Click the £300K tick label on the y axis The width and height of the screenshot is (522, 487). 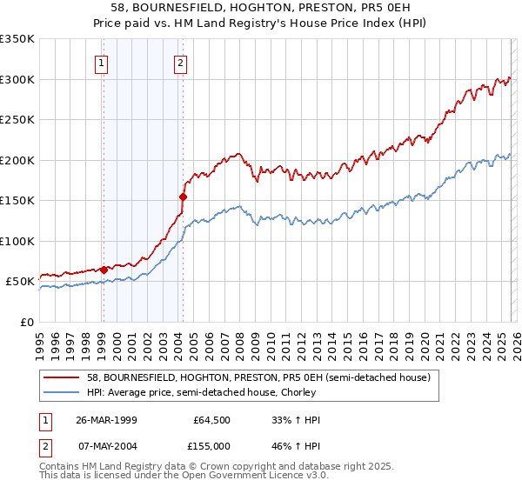[17, 79]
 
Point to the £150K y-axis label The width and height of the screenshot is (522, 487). [17, 200]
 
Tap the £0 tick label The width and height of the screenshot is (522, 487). [26, 322]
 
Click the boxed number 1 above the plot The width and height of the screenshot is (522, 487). [102, 63]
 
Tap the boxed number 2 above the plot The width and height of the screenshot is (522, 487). [180, 63]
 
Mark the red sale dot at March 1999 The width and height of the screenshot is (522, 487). [104, 270]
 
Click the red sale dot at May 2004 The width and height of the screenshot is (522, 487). [183, 197]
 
